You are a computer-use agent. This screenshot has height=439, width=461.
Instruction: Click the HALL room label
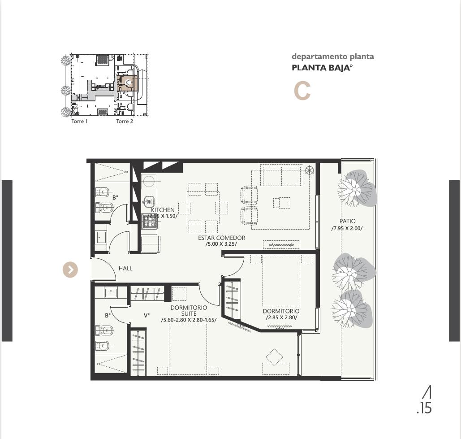pyautogui.click(x=125, y=268)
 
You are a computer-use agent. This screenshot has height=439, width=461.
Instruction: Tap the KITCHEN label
pyautogui.click(x=163, y=210)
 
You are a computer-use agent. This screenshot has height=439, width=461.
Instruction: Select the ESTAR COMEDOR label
pyautogui.click(x=221, y=238)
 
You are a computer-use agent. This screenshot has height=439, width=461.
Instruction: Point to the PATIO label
pyautogui.click(x=348, y=221)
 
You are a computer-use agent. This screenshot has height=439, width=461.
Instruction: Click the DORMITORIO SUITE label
pyautogui.click(x=189, y=310)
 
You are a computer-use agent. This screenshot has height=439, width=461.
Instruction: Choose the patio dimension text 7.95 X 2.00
pyautogui.click(x=347, y=228)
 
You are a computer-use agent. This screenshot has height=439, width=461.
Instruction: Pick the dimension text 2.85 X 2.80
pyautogui.click(x=281, y=318)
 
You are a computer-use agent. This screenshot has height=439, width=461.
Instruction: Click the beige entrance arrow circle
pyautogui.click(x=70, y=269)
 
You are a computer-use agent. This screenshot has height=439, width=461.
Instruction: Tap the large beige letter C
pyautogui.click(x=302, y=91)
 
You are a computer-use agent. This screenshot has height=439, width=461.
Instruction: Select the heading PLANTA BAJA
pyautogui.click(x=322, y=68)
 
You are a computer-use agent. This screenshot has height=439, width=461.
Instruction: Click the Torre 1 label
pyautogui.click(x=79, y=121)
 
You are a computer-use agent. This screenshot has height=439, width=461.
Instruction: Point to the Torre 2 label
pyautogui.click(x=125, y=121)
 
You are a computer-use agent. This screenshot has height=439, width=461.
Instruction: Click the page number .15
pyautogui.click(x=424, y=409)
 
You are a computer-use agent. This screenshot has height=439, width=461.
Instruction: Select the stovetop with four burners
pyautogui.click(x=149, y=222)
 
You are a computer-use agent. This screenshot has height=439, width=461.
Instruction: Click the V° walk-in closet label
pyautogui.click(x=146, y=315)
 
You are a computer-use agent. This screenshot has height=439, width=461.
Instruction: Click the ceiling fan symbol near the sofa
pyautogui.click(x=309, y=170)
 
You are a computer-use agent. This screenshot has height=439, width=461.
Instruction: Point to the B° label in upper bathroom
pyautogui.click(x=115, y=197)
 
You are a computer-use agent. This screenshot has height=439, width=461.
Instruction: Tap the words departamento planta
pyautogui.click(x=333, y=57)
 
